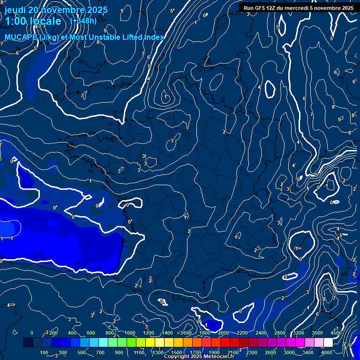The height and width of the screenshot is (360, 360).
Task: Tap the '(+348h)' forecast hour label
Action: coord(83,21)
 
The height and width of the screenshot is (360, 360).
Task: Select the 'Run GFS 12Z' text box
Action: coord(298,8)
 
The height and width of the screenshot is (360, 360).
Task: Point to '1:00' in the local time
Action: coord(16,22)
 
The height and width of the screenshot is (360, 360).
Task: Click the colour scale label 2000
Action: coord(223,333)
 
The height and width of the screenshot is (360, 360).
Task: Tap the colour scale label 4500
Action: coord(336,333)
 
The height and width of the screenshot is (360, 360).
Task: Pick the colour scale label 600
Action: coord(90,333)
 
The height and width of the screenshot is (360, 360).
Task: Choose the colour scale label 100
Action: coord(44,352)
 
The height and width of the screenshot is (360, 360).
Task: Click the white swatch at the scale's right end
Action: coord(328,343)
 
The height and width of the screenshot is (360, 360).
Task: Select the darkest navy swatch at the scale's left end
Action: coord(28,343)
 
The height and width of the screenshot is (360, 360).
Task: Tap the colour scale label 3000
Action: coord(289,352)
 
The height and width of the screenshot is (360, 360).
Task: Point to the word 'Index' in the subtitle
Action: coord(153,37)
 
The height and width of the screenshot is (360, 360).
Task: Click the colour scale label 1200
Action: coord(148,333)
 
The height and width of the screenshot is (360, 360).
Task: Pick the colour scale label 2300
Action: coord(251,352)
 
